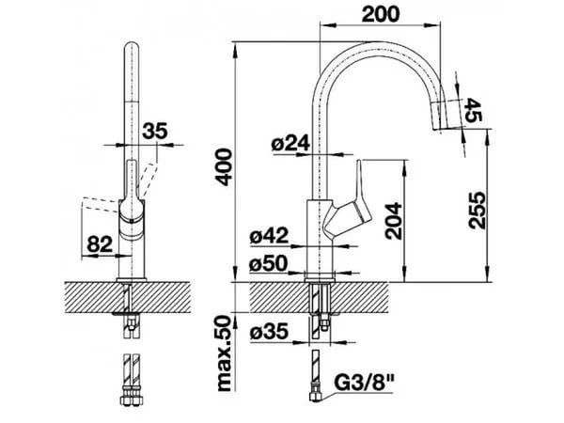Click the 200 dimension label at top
380,14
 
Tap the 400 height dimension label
225,167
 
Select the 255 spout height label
477,211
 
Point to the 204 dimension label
393,221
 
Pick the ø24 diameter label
290,144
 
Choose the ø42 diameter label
269,236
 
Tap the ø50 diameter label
269,263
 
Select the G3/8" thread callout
364,384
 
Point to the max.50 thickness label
225,353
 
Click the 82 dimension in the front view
100,245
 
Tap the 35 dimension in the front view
155,131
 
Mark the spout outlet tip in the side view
440,129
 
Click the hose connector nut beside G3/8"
316,397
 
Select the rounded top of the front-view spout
132,47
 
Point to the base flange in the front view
132,279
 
